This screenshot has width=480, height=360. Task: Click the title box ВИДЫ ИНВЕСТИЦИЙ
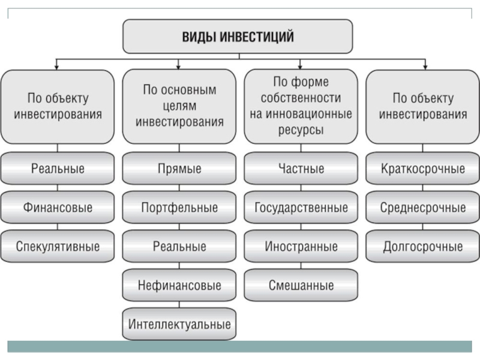(x=238, y=37)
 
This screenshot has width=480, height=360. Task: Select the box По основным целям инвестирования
(x=179, y=107)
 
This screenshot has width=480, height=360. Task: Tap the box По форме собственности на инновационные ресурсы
(x=301, y=107)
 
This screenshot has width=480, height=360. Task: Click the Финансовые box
(x=58, y=207)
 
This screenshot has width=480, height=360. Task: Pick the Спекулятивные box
(x=58, y=246)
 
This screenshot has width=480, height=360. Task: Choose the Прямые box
(x=179, y=169)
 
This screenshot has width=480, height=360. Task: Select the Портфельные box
(x=179, y=207)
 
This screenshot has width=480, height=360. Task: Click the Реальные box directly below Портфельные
(x=179, y=246)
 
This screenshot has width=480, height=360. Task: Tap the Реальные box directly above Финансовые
(x=58, y=169)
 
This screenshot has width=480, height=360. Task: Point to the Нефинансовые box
(x=179, y=285)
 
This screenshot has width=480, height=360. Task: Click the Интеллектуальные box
(x=179, y=324)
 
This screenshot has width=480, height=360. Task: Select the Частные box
(x=301, y=169)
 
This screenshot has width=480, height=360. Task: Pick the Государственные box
(x=301, y=207)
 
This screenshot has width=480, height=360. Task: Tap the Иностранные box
(x=301, y=246)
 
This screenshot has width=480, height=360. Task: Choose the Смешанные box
(x=301, y=285)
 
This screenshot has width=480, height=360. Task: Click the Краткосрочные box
(x=423, y=169)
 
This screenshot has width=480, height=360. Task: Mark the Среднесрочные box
(x=423, y=207)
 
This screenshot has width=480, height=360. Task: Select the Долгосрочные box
(x=423, y=246)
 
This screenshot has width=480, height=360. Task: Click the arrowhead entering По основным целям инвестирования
(x=178, y=67)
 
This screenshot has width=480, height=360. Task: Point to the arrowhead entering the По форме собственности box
(x=300, y=67)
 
